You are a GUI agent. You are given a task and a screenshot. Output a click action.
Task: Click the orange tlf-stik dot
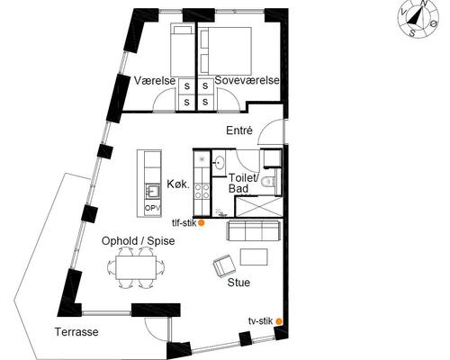[x=202, y=223]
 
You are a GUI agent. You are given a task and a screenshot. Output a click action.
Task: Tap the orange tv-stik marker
[x=279, y=321]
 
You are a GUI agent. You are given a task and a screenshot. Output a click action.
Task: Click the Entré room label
[x=239, y=130]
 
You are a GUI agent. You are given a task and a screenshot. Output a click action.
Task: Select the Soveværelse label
[x=247, y=80]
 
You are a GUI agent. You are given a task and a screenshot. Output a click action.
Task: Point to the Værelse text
[x=155, y=81]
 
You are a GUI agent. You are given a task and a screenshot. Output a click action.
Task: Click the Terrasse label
[x=76, y=332]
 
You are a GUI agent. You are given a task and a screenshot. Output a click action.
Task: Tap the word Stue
[x=238, y=283]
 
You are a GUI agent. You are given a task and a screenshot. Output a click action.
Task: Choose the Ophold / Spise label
[x=138, y=241]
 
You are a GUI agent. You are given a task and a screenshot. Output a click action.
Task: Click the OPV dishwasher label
[x=153, y=208]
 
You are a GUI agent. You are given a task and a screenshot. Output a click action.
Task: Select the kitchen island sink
[x=153, y=191]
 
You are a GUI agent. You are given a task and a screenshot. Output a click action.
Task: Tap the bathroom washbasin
[x=220, y=163]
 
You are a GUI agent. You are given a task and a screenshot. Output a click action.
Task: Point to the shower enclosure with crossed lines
[x=258, y=206]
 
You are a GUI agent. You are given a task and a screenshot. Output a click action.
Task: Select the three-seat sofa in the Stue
[x=254, y=230]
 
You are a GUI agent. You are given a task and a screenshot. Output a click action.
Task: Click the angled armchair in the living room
[x=224, y=265]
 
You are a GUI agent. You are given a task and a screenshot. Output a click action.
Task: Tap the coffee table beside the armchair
[x=254, y=256]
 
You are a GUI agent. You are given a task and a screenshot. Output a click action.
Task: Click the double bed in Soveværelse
[x=225, y=51]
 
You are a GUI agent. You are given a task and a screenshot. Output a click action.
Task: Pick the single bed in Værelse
[x=182, y=49]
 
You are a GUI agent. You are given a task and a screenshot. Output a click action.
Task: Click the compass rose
[x=418, y=19]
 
